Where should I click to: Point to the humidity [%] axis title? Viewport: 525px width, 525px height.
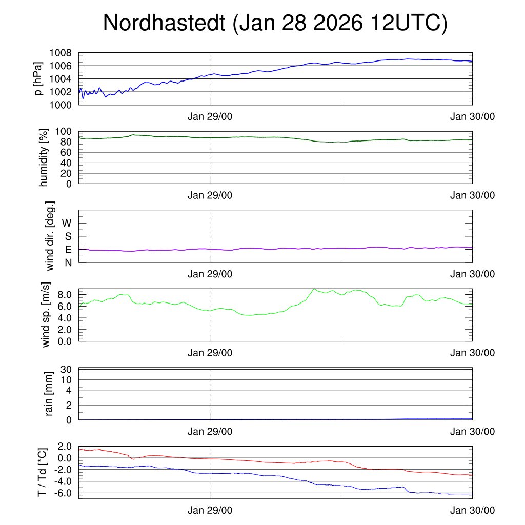pos(44,158)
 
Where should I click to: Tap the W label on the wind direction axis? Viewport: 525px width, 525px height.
pos(67,224)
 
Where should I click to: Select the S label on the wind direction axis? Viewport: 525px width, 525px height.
pos(68,236)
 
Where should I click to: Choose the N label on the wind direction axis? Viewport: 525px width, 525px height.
pos(68,262)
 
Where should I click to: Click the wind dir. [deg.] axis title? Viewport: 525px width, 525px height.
pos(50,236)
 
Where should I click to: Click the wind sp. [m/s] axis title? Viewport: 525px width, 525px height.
pos(47,314)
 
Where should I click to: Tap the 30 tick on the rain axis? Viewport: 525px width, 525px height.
pos(67,369)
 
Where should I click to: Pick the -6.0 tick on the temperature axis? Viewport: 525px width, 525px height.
pos(63,493)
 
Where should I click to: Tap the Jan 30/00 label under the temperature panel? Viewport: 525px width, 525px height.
pos(472,510)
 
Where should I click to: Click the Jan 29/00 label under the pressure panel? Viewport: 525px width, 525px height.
pos(210,116)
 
